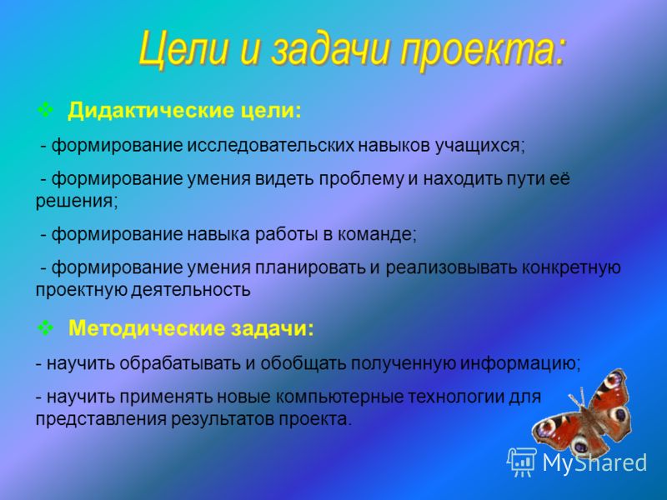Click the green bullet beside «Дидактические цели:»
coord(45,110)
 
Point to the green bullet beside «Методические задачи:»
coord(45,327)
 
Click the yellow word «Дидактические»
coord(151,111)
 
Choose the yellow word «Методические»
coord(147,328)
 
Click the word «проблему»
coord(361,179)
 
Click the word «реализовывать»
coord(451,267)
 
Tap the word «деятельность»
coord(191,290)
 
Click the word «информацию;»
coord(521,364)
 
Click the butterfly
coord(582,412)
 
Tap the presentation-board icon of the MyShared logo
coord(522,462)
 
